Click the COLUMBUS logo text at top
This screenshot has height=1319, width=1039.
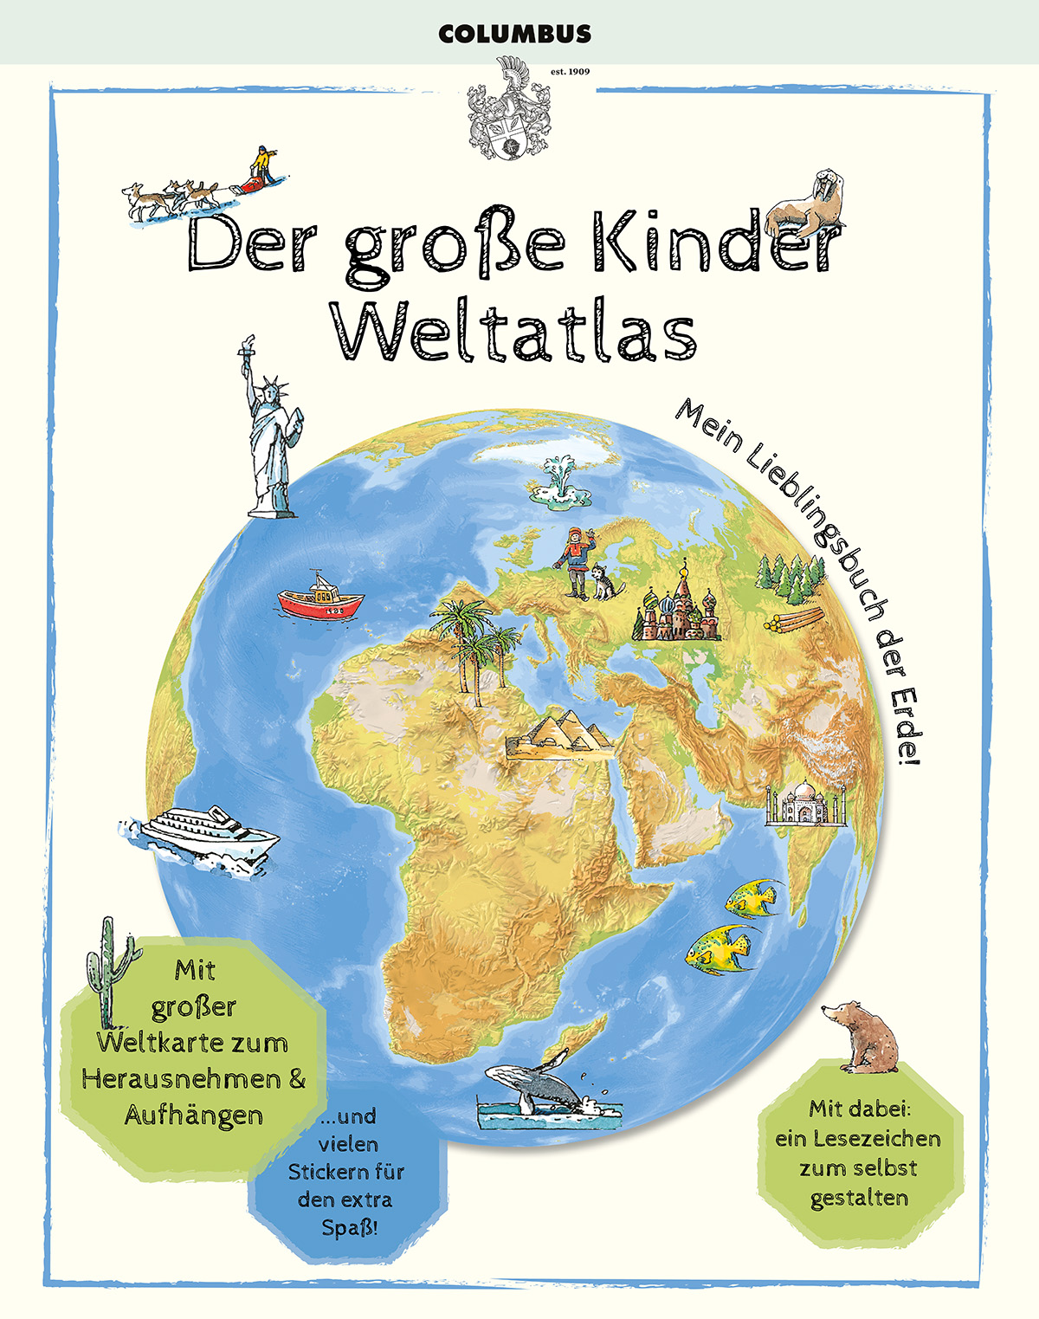(514, 35)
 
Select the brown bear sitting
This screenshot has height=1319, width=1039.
(861, 1035)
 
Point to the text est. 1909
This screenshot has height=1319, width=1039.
(570, 71)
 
